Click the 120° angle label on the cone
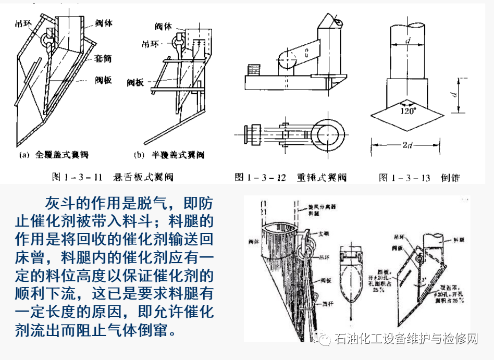409,110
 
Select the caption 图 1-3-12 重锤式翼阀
291,177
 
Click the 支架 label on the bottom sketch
324,235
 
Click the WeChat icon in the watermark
324,339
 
